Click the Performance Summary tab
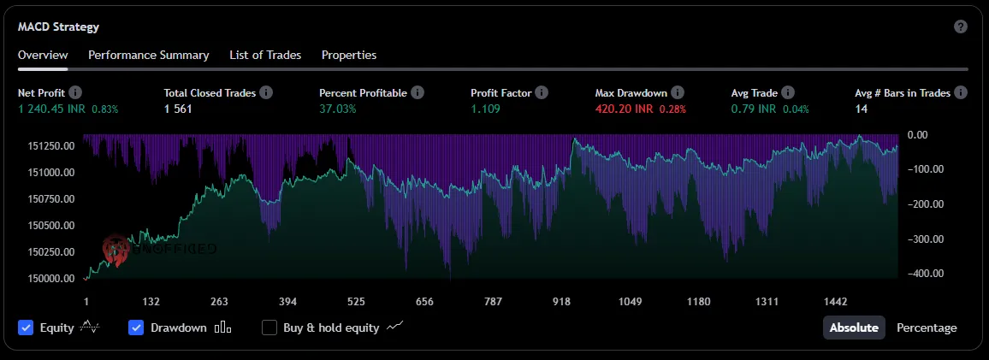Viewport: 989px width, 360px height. [149, 55]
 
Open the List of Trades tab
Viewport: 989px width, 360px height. [265, 55]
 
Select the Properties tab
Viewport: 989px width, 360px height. [349, 55]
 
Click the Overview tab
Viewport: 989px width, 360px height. [43, 55]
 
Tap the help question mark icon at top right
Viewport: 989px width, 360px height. [961, 27]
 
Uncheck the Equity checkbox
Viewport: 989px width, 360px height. [26, 328]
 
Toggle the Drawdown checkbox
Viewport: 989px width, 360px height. [136, 328]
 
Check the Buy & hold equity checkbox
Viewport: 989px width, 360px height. [269, 328]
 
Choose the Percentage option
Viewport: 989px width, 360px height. [927, 328]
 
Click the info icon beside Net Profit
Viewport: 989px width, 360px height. [75, 92]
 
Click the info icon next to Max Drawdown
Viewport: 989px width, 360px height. [678, 92]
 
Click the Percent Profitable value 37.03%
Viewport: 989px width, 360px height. [338, 109]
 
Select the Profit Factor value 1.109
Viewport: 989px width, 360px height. [487, 109]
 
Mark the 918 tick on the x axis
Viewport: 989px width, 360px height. [561, 301]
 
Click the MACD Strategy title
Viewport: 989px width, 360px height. [58, 27]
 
